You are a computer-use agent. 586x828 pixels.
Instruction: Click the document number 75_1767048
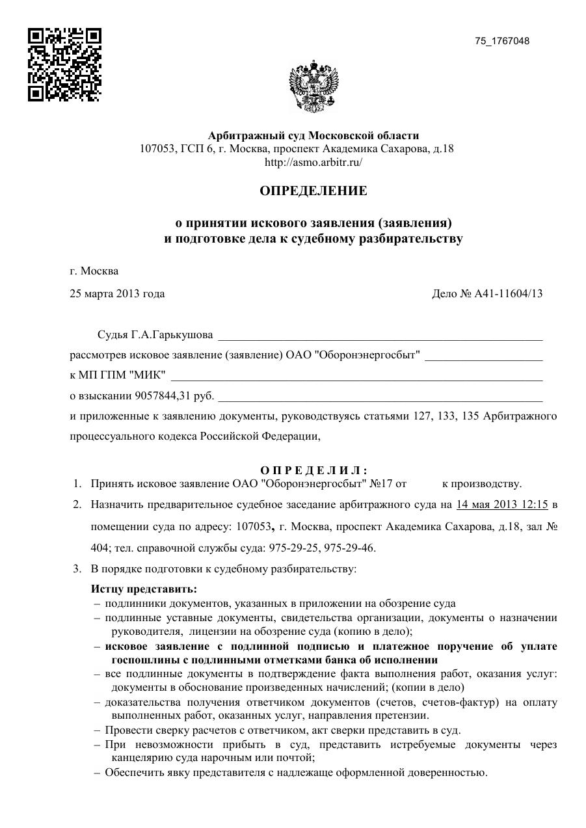click(502, 41)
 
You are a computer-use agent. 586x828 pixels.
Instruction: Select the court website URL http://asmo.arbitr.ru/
click(313, 162)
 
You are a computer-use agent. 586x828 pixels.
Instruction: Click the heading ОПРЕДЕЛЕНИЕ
click(313, 191)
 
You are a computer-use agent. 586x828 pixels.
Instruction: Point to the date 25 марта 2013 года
click(117, 293)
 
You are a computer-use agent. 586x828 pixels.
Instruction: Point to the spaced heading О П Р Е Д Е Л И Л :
click(313, 470)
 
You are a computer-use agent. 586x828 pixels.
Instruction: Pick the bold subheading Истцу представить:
click(144, 589)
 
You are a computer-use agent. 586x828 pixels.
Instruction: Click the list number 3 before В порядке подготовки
click(76, 569)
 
